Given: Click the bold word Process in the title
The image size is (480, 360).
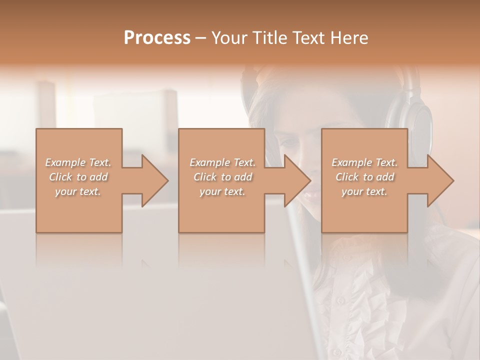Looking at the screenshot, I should (157, 37).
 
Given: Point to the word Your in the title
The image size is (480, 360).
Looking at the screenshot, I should (229, 37).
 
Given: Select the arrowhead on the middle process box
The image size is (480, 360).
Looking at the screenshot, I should (297, 180).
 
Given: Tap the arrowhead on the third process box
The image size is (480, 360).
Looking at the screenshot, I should (440, 180).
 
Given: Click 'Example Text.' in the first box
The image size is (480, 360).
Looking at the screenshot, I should (78, 162).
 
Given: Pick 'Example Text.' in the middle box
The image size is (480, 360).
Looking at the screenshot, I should (222, 162).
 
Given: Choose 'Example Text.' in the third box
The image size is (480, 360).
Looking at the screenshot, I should (364, 162).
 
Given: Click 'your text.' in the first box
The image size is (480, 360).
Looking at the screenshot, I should (78, 191).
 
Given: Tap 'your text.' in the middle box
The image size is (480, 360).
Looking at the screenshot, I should (222, 191).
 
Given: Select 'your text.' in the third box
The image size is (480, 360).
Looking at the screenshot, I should (364, 191).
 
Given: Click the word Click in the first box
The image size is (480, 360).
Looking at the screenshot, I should (60, 177).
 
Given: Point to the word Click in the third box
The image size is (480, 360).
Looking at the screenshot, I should (347, 177).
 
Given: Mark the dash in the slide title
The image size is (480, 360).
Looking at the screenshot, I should (200, 38).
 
